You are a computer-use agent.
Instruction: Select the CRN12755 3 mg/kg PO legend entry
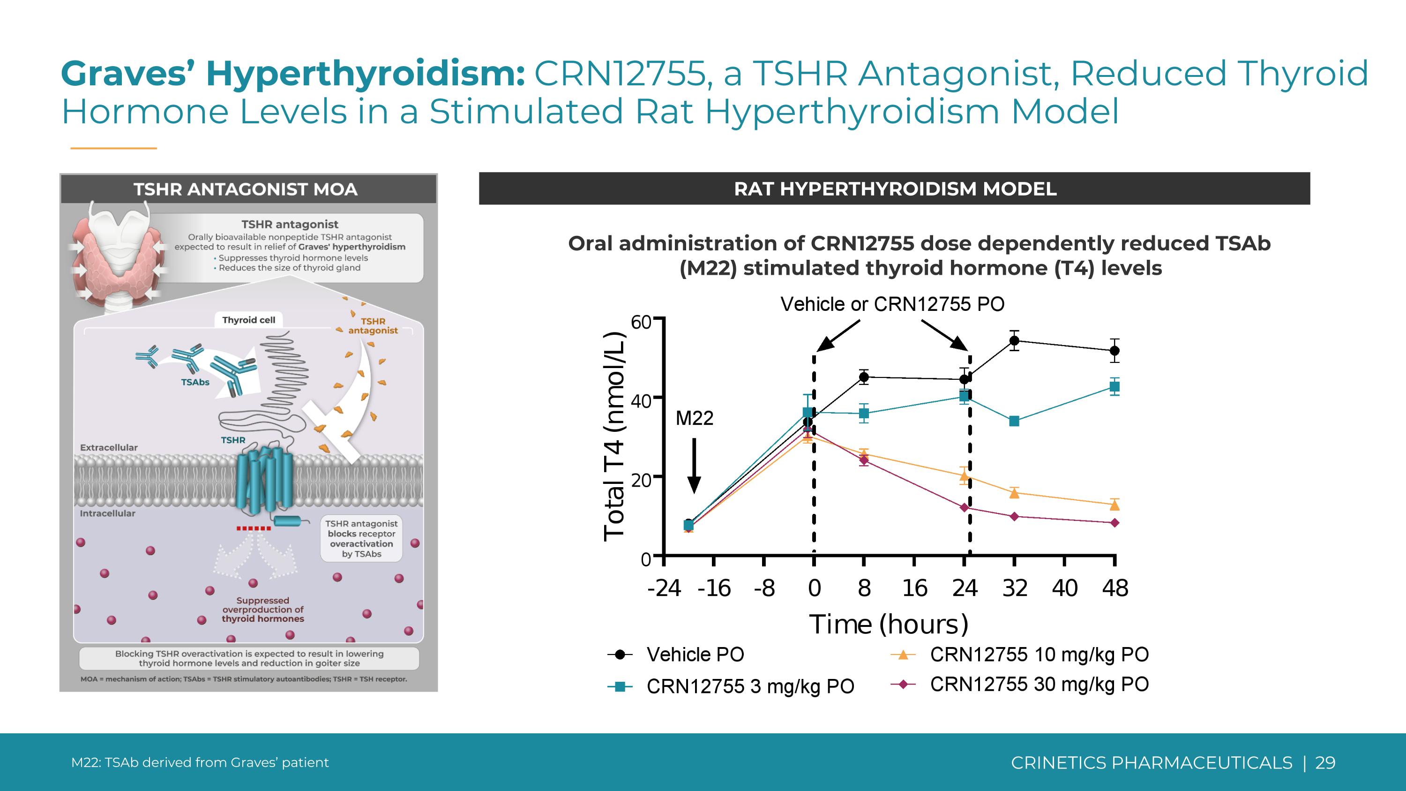tap(749, 686)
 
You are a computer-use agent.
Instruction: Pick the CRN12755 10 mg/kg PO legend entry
tap(1039, 654)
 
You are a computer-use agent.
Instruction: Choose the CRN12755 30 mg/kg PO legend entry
tap(1039, 684)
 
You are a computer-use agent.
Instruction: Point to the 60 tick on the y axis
tap(641, 322)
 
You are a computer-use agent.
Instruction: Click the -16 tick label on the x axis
tap(714, 588)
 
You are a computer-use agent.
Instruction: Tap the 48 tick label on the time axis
tap(1114, 588)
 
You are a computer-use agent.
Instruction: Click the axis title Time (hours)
tap(888, 624)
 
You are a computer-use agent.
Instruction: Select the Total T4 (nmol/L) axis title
tap(614, 437)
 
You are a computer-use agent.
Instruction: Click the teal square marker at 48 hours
tap(1114, 386)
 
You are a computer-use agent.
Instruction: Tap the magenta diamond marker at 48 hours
tap(1114, 523)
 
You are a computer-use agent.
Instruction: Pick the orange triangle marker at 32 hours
tap(1014, 493)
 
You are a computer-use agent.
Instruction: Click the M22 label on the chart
tap(694, 418)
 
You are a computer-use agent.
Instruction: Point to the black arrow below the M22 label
tap(694, 465)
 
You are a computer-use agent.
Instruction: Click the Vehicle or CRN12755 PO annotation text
tap(892, 304)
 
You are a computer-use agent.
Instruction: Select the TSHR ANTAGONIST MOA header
tap(246, 189)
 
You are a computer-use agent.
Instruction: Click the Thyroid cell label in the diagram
tap(248, 320)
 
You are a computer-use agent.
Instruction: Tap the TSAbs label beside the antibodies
tap(195, 382)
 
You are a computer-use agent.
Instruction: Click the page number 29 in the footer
tap(1325, 762)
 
